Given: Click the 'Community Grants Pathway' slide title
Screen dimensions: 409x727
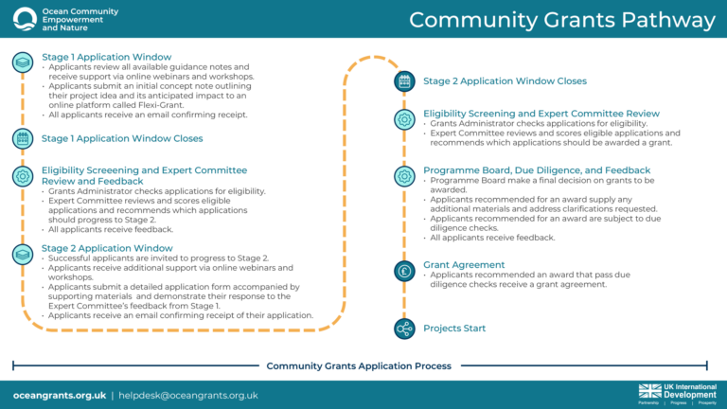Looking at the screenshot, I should (x=562, y=20).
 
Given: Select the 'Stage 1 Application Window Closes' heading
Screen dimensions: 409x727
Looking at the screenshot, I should (x=122, y=138).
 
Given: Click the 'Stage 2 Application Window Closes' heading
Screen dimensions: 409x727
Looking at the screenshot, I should (x=505, y=81).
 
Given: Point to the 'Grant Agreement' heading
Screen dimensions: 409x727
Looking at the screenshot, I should (x=464, y=264).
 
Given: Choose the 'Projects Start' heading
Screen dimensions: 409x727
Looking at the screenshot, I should (x=454, y=329).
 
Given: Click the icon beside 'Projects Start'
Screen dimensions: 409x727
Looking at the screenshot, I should (x=404, y=329).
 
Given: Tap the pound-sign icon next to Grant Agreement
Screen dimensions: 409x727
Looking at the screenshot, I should (x=404, y=271).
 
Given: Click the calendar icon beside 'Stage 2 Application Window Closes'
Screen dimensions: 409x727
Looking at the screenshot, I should (x=404, y=81).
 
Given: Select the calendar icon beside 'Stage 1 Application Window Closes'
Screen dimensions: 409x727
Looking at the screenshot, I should (x=23, y=139).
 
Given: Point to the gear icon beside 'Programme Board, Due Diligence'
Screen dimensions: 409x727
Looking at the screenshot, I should (x=404, y=176).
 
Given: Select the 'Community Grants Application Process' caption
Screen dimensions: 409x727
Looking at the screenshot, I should (x=359, y=365).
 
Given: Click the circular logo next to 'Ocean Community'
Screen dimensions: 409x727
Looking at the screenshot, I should (x=21, y=18).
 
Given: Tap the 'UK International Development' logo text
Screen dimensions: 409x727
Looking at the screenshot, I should (x=689, y=390).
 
